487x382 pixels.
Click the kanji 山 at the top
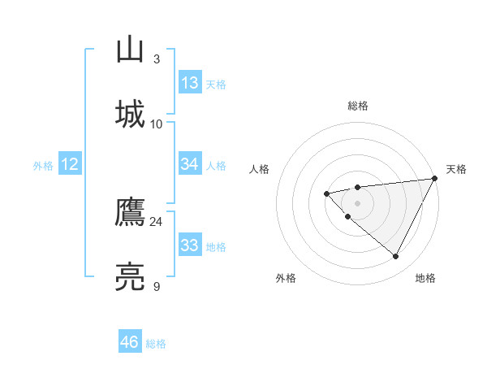[131, 50]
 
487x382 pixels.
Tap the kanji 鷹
[131, 212]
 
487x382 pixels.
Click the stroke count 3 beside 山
[156, 59]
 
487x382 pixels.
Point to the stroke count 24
[156, 222]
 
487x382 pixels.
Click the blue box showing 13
[190, 83]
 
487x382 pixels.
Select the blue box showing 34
[190, 164]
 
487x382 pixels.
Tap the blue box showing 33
[190, 245]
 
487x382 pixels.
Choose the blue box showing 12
[70, 164]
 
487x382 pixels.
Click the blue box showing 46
[130, 342]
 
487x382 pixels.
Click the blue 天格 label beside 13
[216, 85]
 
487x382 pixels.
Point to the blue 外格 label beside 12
[43, 166]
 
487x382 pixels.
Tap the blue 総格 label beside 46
[156, 344]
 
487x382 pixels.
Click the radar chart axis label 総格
[358, 106]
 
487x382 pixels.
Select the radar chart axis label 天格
[457, 169]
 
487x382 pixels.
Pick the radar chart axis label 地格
[425, 278]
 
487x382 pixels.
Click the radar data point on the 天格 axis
[436, 178]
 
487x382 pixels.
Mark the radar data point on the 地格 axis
[396, 257]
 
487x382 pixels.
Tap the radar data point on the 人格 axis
[326, 193]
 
